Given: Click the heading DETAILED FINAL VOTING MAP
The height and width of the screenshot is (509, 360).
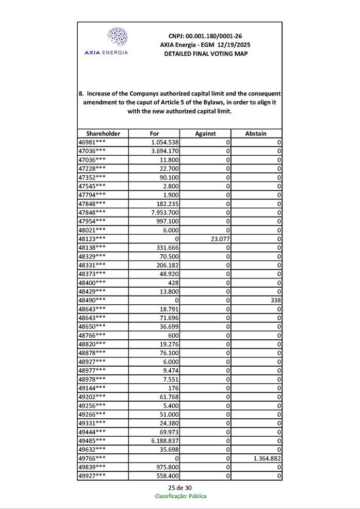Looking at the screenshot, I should coord(205,54).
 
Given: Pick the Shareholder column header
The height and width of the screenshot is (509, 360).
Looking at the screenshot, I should coord(103,134).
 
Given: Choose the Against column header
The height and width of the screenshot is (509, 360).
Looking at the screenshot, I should coord(205,134).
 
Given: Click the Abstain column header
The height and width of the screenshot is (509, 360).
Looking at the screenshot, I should coord(256,134).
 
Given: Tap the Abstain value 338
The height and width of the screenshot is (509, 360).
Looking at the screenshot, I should coord(275,300).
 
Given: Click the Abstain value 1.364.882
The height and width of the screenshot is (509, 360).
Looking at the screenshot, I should coord(265,458).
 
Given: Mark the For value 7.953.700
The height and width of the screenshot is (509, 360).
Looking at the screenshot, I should coord(165,212).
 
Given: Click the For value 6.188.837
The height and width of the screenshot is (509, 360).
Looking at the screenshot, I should coord(165,440).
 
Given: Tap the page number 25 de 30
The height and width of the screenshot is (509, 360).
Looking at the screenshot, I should coord(180,488).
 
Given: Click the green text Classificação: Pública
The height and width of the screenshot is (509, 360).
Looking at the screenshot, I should coord(181,496).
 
